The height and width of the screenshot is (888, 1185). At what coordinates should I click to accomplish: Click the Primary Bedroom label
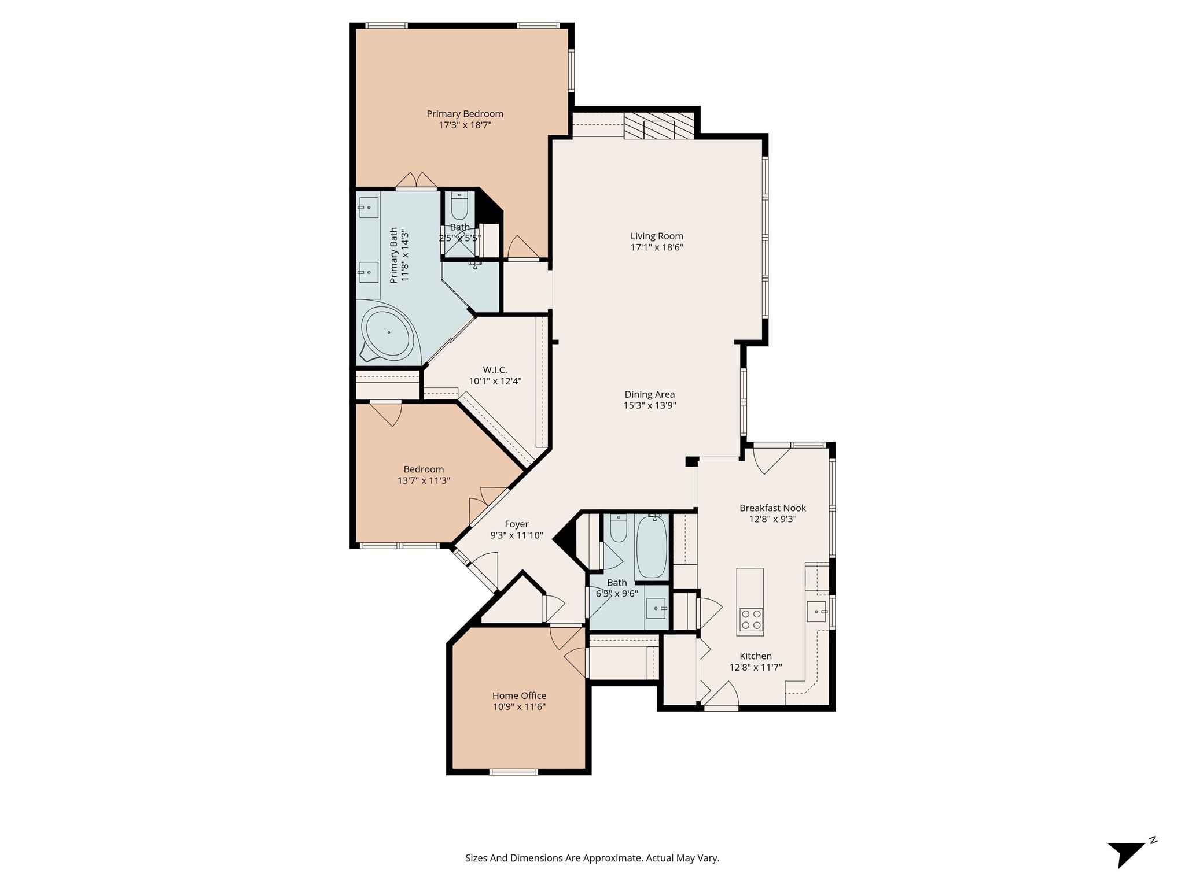(465, 114)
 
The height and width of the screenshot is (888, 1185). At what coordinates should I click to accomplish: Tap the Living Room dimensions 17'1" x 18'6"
(657, 247)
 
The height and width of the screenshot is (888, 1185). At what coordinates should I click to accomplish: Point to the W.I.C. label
(495, 370)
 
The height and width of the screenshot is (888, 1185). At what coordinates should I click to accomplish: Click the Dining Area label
(649, 394)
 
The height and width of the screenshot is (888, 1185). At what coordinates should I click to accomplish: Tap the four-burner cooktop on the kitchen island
(750, 619)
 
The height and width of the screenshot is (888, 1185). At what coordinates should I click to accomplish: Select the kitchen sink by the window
(816, 610)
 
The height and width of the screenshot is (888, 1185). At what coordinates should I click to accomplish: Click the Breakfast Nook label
(772, 508)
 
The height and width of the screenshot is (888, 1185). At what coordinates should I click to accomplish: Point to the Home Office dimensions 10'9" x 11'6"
(519, 707)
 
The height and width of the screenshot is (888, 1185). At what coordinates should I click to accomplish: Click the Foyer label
(516, 524)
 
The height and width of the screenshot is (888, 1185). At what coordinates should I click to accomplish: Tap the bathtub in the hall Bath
(651, 547)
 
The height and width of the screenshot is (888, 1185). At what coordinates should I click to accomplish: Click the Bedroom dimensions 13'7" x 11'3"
(424, 480)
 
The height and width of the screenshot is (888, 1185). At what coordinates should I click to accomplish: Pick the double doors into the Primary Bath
(416, 181)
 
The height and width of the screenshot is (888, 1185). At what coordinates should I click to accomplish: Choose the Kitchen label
(755, 656)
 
